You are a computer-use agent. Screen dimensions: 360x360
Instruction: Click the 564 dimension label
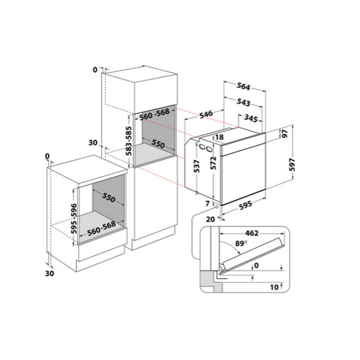click(x=243, y=87)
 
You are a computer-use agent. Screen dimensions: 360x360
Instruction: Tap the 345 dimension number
click(x=251, y=118)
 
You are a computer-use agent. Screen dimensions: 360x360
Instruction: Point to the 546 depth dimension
click(x=205, y=114)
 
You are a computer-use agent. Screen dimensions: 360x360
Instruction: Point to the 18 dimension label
click(x=219, y=137)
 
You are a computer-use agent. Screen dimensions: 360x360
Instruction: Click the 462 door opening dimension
click(x=251, y=233)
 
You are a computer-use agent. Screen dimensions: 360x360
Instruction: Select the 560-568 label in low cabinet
click(x=102, y=228)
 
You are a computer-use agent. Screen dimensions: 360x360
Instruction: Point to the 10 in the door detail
click(x=274, y=286)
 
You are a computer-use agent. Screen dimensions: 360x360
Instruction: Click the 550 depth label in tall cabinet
click(x=152, y=144)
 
